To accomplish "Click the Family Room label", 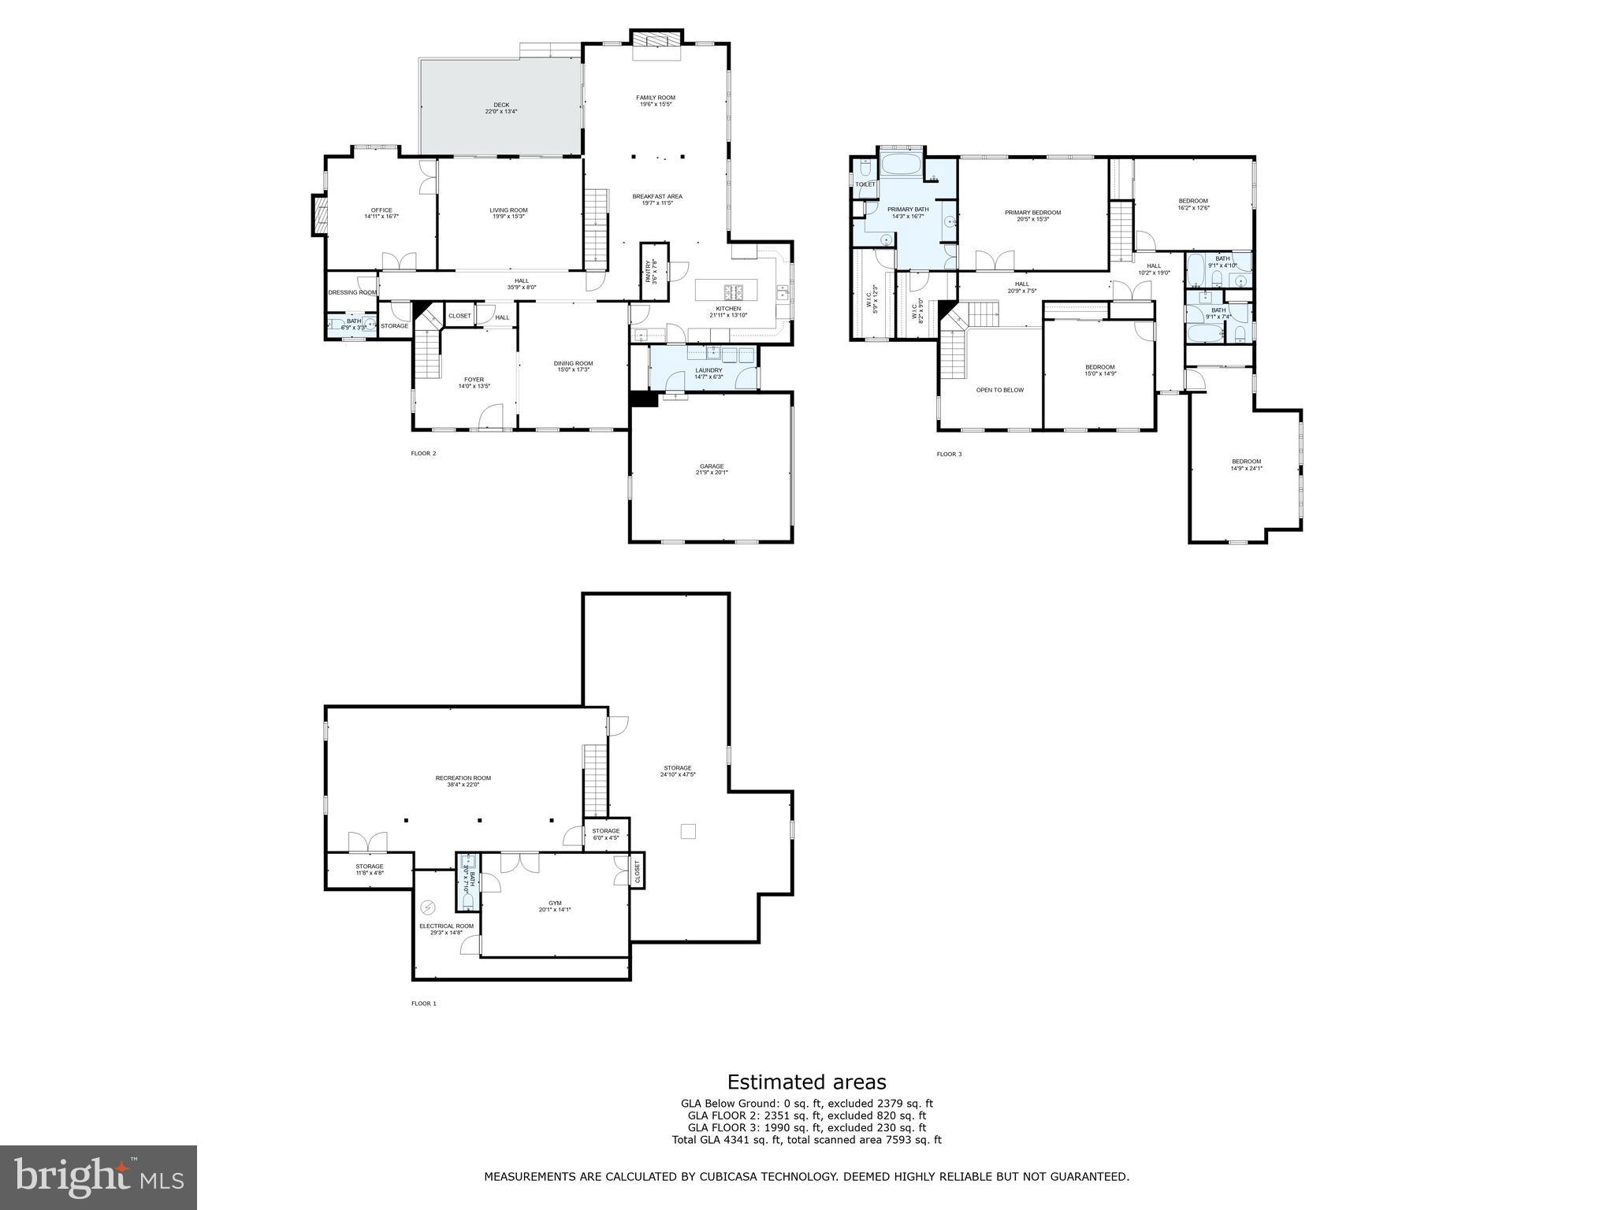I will click(656, 101).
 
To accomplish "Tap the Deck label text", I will click(501, 108).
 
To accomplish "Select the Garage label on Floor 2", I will click(711, 469).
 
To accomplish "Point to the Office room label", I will click(381, 213).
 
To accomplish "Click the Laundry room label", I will click(708, 373).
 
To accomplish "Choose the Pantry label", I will click(652, 272).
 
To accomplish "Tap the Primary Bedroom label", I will click(1032, 215).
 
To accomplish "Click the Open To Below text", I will click(999, 390).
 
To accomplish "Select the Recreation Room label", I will click(463, 781).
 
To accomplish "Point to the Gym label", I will click(555, 906).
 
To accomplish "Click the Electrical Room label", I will click(446, 929).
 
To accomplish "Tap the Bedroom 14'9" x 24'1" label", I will click(1246, 465).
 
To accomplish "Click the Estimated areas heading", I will click(806, 1082).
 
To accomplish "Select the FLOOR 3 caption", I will click(949, 454).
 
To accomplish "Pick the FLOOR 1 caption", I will click(423, 1004).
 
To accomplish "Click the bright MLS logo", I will click(99, 1178).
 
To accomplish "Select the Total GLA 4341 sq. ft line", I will click(806, 1140).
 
